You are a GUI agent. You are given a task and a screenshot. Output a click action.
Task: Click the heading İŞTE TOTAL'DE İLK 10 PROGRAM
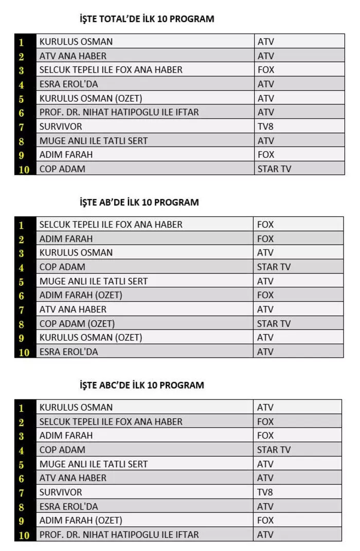click(147, 19)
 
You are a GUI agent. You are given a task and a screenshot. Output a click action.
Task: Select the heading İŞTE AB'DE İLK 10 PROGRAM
click(139, 202)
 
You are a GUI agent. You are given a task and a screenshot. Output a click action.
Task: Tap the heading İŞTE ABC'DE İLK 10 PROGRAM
click(141, 385)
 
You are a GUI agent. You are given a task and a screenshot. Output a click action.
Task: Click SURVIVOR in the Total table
click(61, 126)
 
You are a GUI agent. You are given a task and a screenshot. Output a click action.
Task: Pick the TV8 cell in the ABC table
click(265, 492)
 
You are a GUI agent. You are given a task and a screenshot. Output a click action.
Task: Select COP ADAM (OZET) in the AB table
click(77, 324)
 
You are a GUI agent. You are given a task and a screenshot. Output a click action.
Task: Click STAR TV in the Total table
click(274, 169)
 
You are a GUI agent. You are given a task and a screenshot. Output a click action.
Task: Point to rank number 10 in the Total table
click(24, 169)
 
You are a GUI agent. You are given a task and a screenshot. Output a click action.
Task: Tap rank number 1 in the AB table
click(22, 225)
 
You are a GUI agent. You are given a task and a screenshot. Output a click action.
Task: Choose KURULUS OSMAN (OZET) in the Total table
click(91, 98)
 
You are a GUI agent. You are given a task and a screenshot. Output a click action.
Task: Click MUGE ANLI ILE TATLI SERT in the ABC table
click(94, 464)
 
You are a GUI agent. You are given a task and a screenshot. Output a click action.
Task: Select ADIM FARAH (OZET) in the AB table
click(81, 296)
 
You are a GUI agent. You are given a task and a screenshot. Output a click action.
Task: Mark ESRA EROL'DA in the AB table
click(68, 352)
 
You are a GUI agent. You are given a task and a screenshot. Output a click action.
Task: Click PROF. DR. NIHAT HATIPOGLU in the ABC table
click(119, 535)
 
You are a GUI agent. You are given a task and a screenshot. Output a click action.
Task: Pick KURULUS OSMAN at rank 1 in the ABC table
click(76, 408)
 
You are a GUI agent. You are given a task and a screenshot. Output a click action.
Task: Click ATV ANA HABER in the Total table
click(73, 56)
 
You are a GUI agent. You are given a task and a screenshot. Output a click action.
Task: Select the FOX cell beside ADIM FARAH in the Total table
click(266, 155)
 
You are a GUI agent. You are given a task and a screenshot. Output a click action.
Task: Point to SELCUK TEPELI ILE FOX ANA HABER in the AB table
click(111, 225)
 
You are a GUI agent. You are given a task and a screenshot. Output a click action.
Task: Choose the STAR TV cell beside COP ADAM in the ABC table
click(274, 450)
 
